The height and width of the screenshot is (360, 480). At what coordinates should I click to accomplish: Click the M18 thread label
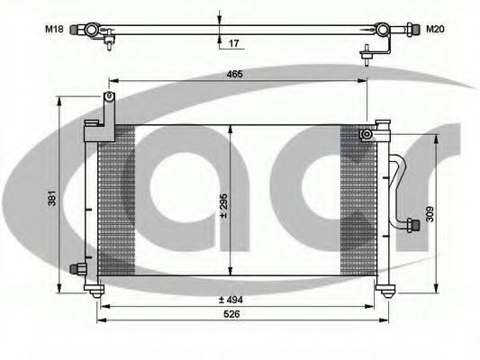point(54,30)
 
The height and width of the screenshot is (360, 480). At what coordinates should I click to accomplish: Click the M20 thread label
point(435,30)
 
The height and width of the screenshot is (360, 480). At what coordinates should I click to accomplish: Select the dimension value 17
point(233,43)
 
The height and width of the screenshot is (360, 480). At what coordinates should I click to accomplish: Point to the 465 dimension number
point(235,74)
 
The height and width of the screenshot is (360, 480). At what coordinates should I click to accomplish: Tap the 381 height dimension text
point(52,198)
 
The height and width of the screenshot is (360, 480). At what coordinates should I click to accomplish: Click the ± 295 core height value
point(224,206)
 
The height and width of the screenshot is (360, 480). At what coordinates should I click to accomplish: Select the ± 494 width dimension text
point(231,300)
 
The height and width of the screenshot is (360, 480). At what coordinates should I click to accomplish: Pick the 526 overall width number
point(231,314)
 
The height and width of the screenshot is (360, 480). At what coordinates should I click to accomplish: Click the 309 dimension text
point(430,214)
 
